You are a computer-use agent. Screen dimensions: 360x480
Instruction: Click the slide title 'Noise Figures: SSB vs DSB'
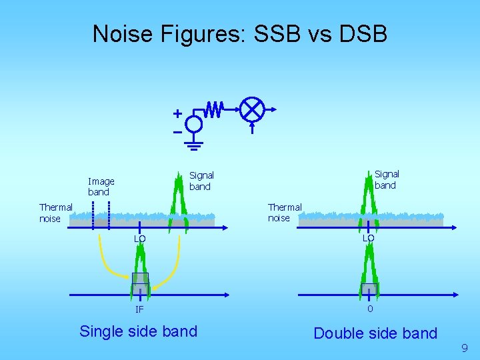239,33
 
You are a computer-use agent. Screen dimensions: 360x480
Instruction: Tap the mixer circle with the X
253,109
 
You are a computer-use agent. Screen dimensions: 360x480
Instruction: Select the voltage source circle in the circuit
194,124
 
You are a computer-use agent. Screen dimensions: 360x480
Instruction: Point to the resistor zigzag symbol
214,109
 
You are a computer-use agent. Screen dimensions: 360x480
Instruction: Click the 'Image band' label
101,187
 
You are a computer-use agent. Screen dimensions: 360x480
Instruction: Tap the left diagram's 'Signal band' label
201,181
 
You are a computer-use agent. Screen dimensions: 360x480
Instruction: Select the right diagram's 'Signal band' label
387,180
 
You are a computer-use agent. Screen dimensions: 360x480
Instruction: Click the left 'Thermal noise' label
55,213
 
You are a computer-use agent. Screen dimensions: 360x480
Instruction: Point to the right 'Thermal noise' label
285,213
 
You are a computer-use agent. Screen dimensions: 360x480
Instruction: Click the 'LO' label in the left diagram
139,239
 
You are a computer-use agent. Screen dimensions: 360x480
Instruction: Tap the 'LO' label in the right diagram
368,238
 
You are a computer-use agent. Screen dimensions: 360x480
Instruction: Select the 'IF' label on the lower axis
139,309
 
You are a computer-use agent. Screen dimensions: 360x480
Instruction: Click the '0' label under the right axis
369,309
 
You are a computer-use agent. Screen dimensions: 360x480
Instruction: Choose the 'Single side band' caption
138,331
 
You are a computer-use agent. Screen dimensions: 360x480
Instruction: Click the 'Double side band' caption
375,333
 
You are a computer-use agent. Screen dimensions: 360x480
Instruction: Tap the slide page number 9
464,347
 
